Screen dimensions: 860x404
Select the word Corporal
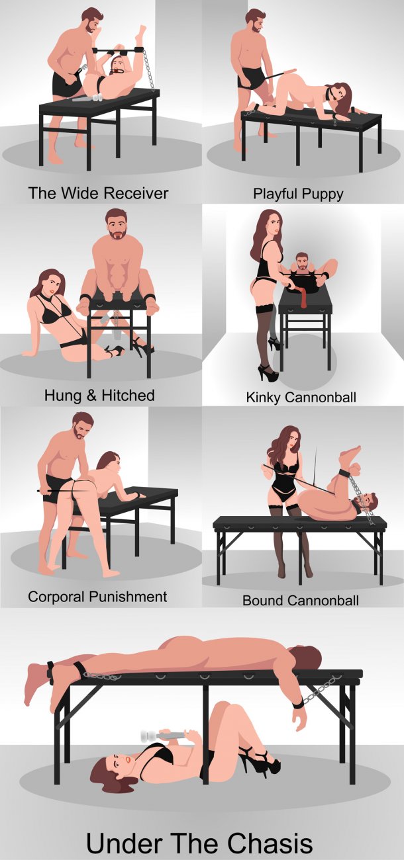click(56, 597)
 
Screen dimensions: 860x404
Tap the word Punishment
click(128, 597)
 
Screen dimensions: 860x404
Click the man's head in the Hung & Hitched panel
click(117, 225)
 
